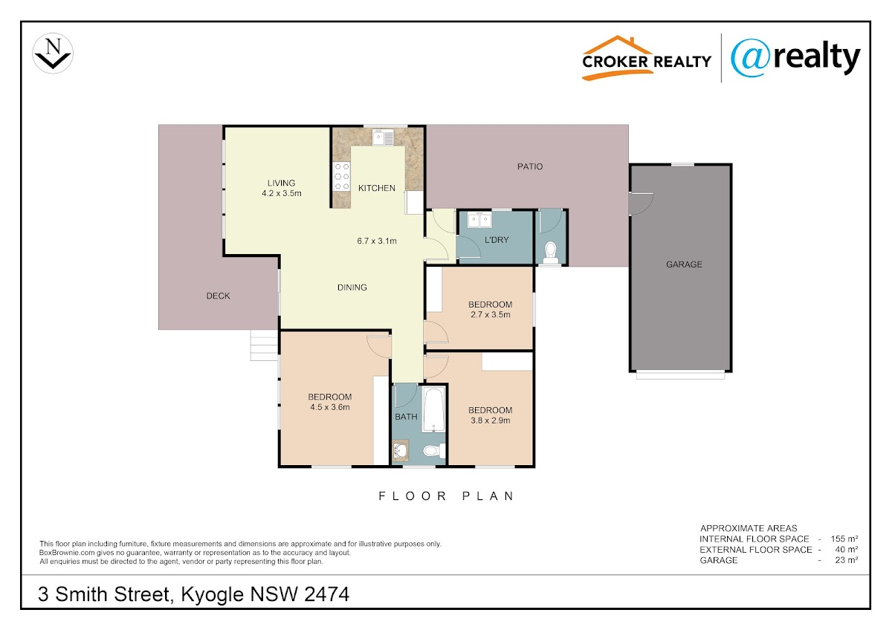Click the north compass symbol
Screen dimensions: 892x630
[53, 53]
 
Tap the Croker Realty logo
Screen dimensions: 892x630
[646, 58]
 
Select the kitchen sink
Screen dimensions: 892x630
[383, 137]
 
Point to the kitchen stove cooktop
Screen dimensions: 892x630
[342, 176]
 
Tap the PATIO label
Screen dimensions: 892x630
[529, 166]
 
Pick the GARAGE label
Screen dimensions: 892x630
[684, 264]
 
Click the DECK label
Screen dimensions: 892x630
[218, 296]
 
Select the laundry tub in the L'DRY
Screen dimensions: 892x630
[479, 220]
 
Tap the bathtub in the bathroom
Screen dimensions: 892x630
[433, 409]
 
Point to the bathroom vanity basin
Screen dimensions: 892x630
[400, 451]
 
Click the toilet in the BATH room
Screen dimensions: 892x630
[434, 450]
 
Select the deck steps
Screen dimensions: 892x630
[264, 345]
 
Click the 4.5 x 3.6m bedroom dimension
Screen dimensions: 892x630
[330, 407]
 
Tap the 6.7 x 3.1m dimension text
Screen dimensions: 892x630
[377, 241]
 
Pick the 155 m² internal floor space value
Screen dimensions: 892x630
[844, 539]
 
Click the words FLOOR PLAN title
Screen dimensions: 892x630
[446, 496]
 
